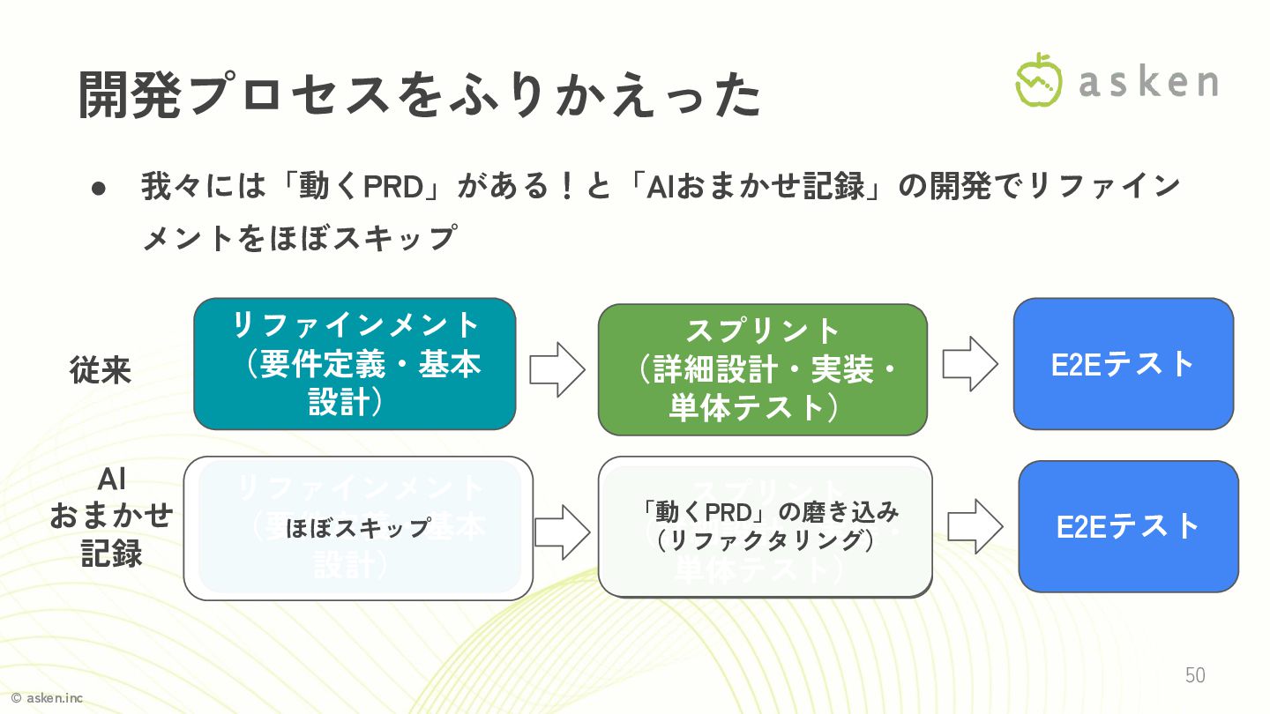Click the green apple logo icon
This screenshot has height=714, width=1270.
coord(1039,80)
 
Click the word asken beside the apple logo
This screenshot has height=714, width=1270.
coord(1148,82)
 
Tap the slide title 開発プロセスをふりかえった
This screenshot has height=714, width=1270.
coord(420,95)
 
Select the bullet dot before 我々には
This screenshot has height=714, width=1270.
coord(99,188)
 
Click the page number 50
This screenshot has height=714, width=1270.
coord(1195,675)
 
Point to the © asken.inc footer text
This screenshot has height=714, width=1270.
coord(47,698)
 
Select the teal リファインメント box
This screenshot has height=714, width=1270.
coord(355,363)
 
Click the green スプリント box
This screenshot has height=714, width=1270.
coord(763,369)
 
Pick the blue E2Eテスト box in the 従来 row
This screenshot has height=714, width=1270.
coord(1123,363)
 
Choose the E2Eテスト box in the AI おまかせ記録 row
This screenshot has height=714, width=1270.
coord(1128,526)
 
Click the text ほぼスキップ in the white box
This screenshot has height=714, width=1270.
coord(357,528)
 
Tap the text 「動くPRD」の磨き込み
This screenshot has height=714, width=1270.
coord(770,511)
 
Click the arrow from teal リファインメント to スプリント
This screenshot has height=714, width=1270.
coord(557,369)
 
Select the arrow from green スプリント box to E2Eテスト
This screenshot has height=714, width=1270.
coord(969,363)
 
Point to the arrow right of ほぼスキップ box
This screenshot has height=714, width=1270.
coord(562,532)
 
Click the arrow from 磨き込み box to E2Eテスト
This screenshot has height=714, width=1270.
coord(975,526)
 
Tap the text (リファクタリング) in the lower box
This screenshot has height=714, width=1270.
coord(766,540)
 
